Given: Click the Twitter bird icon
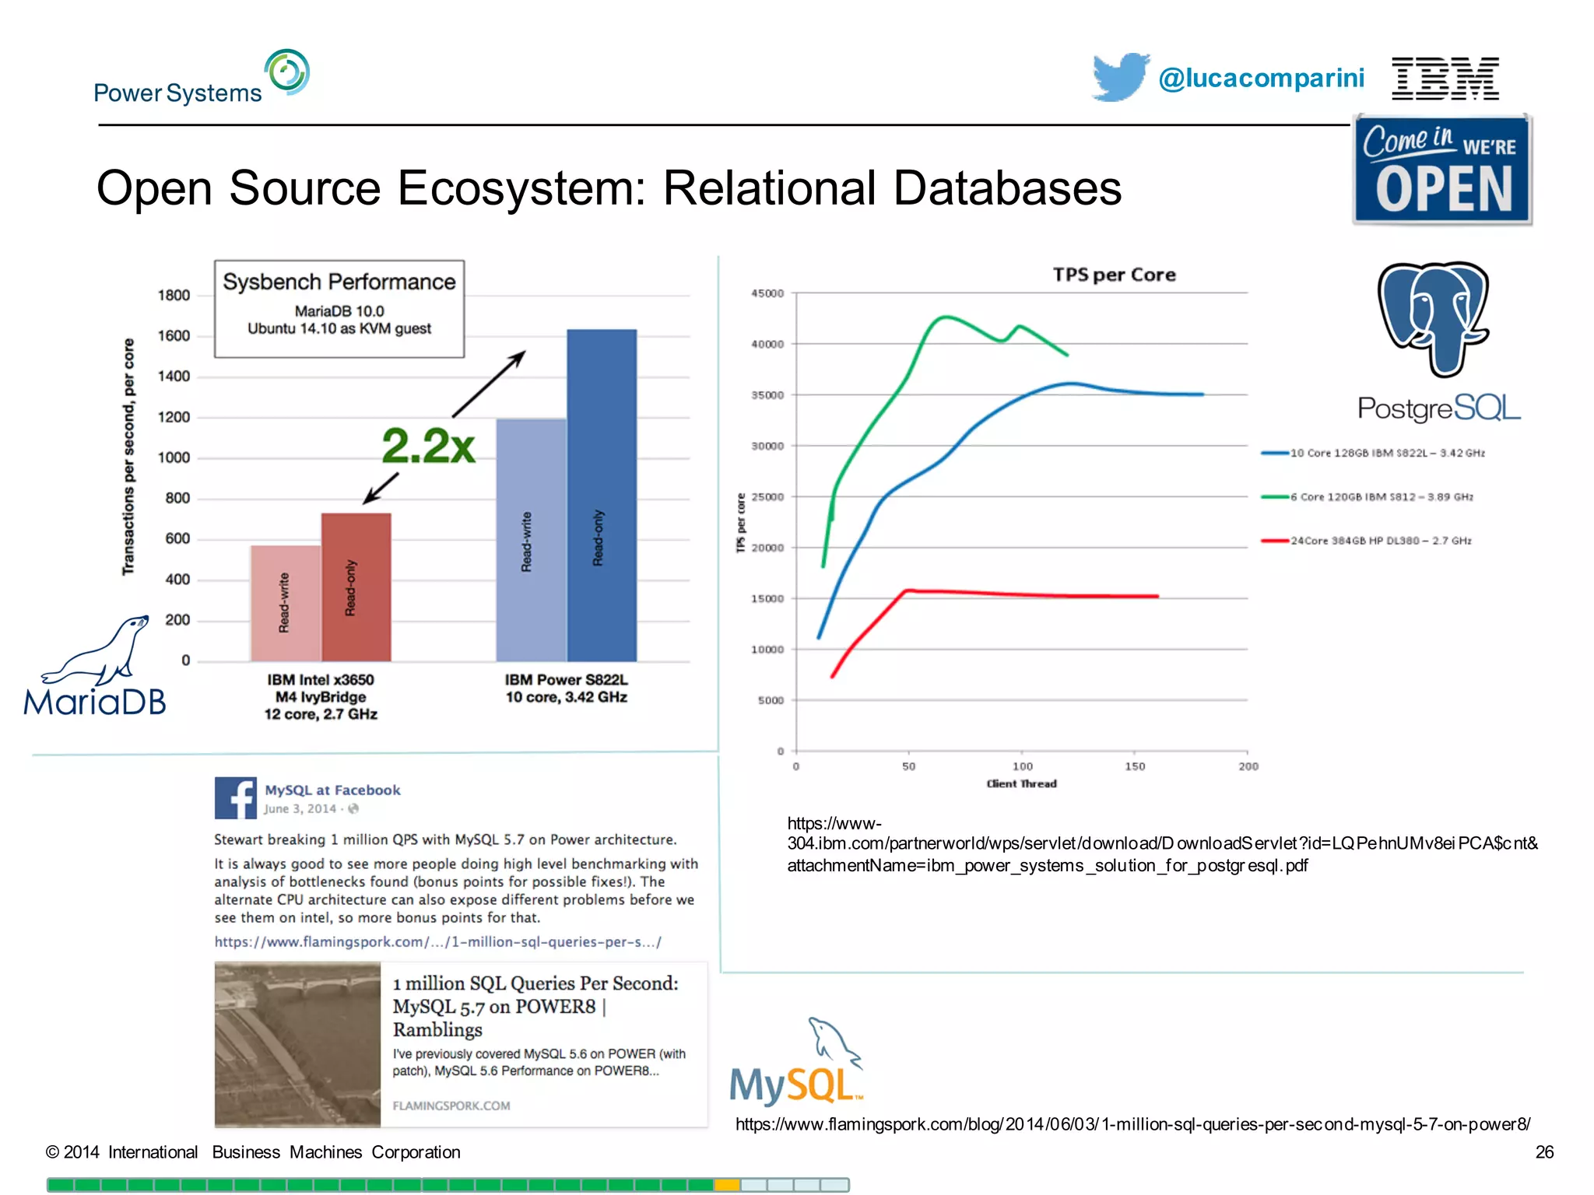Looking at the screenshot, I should (x=1119, y=77).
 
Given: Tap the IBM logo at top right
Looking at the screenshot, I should (x=1445, y=79).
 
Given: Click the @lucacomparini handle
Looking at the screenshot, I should (x=1261, y=79).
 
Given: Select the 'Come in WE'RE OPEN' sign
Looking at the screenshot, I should (x=1442, y=170).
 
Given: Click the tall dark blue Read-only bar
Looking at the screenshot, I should (x=601, y=495).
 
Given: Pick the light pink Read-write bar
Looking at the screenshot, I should (x=285, y=603).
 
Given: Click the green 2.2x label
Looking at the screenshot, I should (x=428, y=446).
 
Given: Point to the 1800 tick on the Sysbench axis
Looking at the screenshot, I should (x=174, y=296).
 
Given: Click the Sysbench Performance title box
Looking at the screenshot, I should (x=339, y=309).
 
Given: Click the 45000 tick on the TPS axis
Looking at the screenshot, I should (x=767, y=293).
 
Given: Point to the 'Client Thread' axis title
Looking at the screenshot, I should (x=1021, y=783).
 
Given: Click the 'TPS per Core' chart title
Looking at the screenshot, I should (x=1114, y=275).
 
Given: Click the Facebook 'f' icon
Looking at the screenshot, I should (x=235, y=797).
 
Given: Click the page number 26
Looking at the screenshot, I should (x=1543, y=1152).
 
